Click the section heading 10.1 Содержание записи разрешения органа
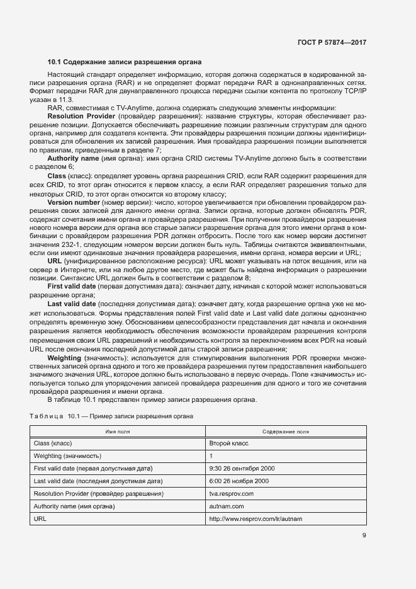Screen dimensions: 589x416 point(125,62)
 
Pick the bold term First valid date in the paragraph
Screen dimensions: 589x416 point(72,286)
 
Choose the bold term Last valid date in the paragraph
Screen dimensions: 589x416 point(72,304)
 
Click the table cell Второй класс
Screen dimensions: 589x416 point(228,443)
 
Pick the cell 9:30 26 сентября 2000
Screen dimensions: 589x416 point(242,469)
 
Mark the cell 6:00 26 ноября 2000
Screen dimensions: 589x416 point(238,481)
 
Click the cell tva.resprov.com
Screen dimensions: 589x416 point(230,493)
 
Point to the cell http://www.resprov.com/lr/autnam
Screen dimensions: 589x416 point(255,518)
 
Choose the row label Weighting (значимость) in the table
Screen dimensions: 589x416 point(67,456)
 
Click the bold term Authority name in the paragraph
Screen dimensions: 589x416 point(72,158)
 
